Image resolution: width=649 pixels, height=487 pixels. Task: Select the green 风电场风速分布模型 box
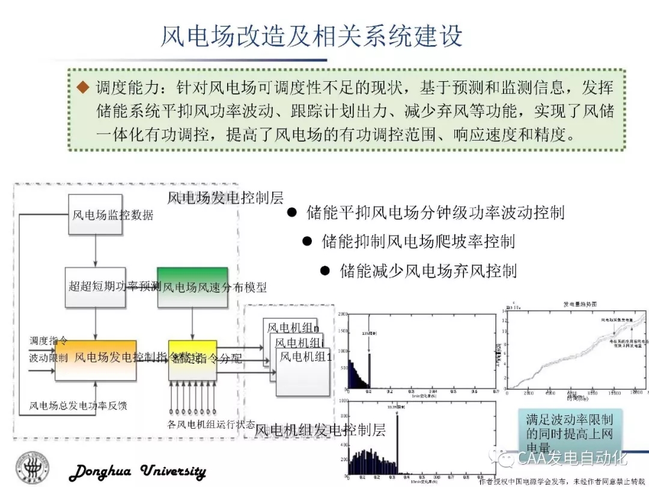192,287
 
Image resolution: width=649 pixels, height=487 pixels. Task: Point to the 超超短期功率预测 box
96,287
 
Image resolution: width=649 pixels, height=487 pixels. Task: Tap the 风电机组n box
293,328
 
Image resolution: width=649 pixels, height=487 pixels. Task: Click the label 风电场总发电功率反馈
78,406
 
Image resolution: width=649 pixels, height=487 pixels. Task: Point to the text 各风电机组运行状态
211,424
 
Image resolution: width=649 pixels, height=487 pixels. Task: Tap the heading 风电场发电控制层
225,197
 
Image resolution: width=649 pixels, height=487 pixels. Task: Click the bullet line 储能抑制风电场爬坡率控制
418,242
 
